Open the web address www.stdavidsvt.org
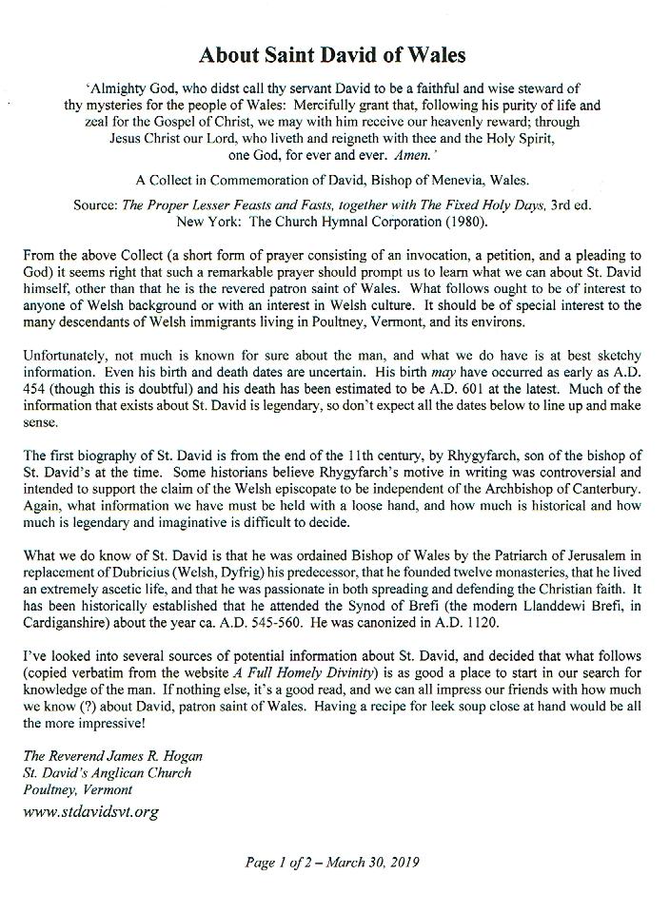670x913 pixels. [x=91, y=811]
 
